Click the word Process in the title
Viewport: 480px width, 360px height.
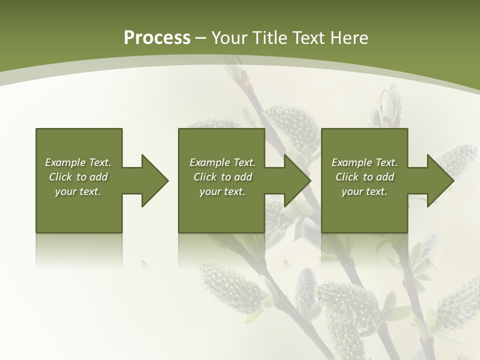tap(157, 38)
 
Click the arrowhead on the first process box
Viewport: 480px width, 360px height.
tap(155, 180)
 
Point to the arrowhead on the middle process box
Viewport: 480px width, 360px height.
tap(298, 180)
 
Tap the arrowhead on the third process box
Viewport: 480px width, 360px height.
tap(440, 180)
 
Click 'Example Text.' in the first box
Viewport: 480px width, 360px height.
tap(78, 162)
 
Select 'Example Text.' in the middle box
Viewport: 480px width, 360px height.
tap(222, 162)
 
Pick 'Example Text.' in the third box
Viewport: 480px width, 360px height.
tap(364, 162)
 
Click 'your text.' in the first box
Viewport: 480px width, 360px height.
tap(78, 191)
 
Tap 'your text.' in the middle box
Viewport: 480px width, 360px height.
tap(222, 191)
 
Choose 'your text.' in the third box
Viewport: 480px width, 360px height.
tap(364, 191)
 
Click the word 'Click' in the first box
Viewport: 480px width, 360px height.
tap(61, 177)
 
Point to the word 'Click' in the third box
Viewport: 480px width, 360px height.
tap(347, 177)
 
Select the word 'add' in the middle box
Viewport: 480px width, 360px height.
tap(243, 177)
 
